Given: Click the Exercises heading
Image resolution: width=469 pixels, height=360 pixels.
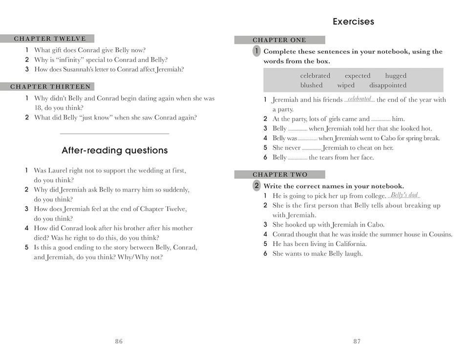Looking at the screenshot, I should (353, 21).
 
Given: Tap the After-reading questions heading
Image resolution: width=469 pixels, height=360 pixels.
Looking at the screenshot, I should (115, 150).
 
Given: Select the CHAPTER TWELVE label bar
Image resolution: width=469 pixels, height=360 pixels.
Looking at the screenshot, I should (47, 39).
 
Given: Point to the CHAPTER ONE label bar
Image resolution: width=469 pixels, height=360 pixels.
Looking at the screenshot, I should (279, 40).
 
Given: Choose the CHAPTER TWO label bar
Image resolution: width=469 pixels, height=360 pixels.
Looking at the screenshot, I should (279, 174).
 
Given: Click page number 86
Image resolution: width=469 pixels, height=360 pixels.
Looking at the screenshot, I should (119, 341).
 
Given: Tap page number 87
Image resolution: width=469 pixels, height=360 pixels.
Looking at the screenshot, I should (357, 341).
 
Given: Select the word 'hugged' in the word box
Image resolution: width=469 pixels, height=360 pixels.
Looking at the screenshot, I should (395, 76).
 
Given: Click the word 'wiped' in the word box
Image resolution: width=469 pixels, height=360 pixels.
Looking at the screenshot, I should (346, 85).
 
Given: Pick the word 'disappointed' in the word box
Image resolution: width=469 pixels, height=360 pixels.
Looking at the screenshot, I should (388, 85).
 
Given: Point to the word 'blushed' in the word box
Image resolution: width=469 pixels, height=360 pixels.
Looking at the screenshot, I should (311, 85).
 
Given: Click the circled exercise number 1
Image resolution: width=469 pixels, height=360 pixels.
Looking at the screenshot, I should (256, 51).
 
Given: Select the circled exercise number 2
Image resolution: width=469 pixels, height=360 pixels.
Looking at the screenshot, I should (256, 186).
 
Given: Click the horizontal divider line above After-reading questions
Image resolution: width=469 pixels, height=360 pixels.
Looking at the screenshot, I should (114, 133).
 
